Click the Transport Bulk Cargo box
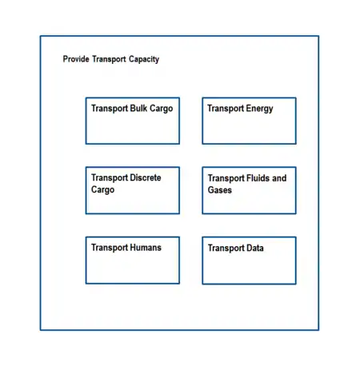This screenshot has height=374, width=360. [133, 121]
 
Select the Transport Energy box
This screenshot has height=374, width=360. [249, 121]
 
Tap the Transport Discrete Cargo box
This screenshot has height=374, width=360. [133, 190]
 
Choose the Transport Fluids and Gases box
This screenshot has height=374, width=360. [249, 190]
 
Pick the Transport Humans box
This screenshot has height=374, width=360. [133, 261]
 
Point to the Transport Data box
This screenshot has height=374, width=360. [249, 261]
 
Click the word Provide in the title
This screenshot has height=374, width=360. [76, 59]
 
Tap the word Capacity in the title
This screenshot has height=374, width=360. [144, 59]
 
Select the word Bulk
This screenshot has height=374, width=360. [138, 108]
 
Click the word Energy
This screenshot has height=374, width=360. [259, 109]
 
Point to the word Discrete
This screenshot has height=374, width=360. [145, 177]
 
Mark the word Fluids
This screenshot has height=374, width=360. [258, 178]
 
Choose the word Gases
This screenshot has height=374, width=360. [220, 190]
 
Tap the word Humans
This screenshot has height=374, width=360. [146, 248]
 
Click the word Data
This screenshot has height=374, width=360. [255, 248]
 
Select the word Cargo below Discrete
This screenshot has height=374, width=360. [102, 190]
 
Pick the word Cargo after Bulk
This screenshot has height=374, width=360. [161, 109]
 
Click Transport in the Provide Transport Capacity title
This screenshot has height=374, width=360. [109, 59]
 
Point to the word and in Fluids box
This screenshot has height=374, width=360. [279, 178]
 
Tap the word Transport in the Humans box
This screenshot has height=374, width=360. [110, 248]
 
